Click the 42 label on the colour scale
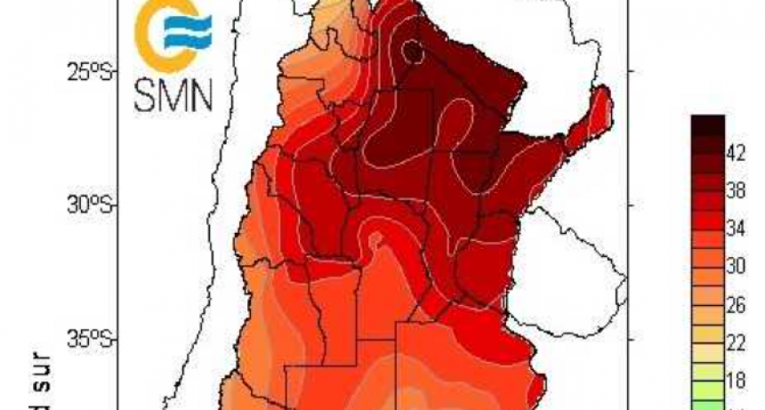(736, 153)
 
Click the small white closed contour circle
(411, 53)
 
